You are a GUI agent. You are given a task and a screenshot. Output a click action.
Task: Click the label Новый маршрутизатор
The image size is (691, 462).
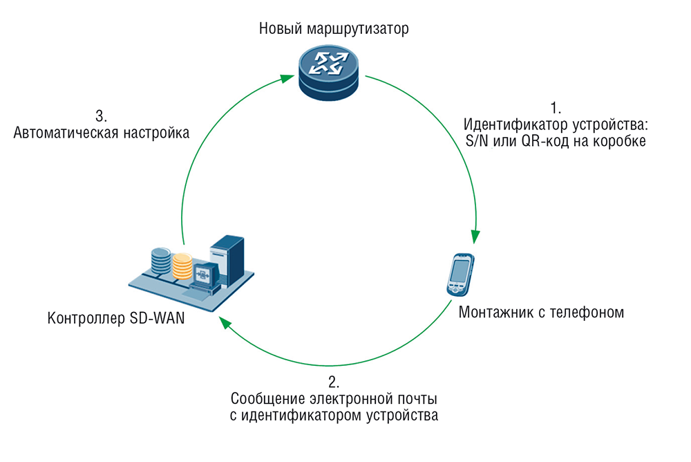point(334,29)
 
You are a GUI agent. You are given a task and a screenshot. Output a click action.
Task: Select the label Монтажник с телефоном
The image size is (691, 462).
point(541,312)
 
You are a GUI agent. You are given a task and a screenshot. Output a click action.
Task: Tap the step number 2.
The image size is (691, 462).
point(334,382)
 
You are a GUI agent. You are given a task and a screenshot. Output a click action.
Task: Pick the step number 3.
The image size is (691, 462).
point(101,115)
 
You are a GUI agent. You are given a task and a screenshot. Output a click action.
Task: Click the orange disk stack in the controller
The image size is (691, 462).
point(182,266)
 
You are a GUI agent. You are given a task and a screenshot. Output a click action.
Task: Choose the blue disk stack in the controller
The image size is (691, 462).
point(160,261)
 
